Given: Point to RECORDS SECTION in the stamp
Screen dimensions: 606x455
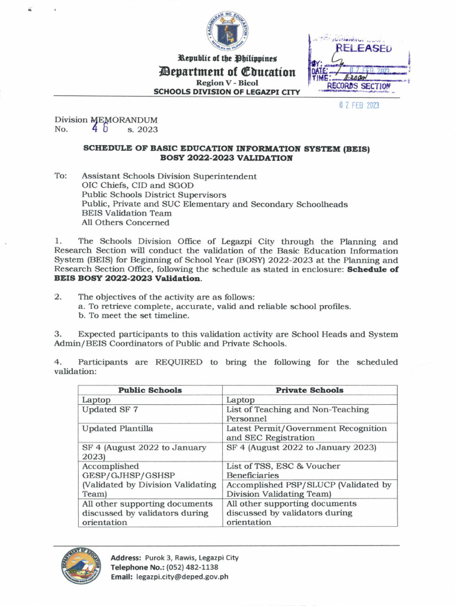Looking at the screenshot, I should [x=359, y=86].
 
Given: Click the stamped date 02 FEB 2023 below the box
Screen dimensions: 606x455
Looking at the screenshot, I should [x=358, y=105].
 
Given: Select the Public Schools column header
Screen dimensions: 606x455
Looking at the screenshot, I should [x=150, y=390].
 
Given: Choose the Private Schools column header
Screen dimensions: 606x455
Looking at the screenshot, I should [x=309, y=390].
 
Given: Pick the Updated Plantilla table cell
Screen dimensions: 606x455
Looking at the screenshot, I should [x=117, y=428].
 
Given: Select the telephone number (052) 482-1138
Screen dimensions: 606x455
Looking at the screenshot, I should [x=191, y=567].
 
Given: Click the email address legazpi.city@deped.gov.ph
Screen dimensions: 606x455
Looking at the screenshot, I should [x=182, y=577].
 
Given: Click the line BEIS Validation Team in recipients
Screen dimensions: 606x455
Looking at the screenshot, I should [x=126, y=213].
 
